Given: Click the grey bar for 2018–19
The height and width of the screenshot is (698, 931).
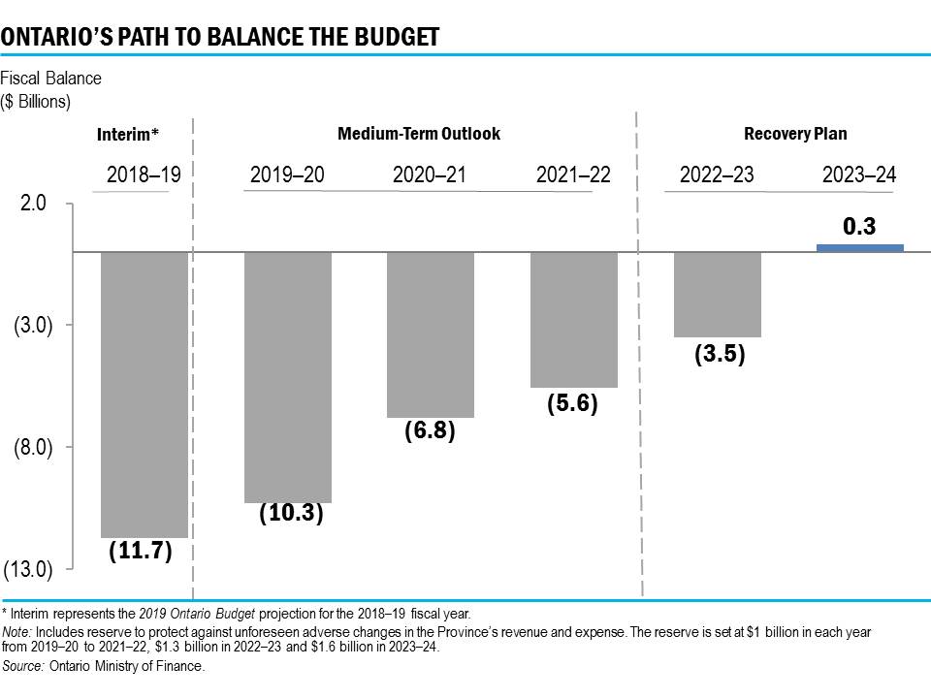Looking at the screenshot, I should (x=144, y=394).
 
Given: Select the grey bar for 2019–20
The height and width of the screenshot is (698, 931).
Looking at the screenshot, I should (x=288, y=377).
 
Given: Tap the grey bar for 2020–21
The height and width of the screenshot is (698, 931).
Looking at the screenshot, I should (x=431, y=334).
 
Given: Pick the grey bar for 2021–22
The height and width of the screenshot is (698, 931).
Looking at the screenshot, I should (x=574, y=320).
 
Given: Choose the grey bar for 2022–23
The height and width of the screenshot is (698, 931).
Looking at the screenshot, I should (x=718, y=295).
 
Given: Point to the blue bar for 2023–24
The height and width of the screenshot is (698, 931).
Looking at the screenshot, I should (x=860, y=248).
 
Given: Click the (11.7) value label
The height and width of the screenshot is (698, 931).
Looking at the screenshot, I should (x=140, y=551).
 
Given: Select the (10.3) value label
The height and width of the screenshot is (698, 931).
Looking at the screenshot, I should (x=291, y=514).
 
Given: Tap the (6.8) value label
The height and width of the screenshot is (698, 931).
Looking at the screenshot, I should (x=430, y=429).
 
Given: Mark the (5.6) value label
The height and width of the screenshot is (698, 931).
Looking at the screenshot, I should (x=571, y=403).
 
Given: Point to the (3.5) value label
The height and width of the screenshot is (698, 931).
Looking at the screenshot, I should (x=720, y=354).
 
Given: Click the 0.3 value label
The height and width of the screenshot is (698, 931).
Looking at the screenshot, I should (x=859, y=227).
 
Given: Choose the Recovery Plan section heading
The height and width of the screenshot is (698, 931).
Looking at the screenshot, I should (x=794, y=134).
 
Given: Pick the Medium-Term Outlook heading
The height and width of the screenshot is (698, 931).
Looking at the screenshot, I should (x=419, y=134).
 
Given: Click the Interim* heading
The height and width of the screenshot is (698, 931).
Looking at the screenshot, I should (x=128, y=136).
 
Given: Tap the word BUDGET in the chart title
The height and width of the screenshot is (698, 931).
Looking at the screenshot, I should (x=388, y=37).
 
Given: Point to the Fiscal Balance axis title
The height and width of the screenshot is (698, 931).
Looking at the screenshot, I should (x=50, y=79).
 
